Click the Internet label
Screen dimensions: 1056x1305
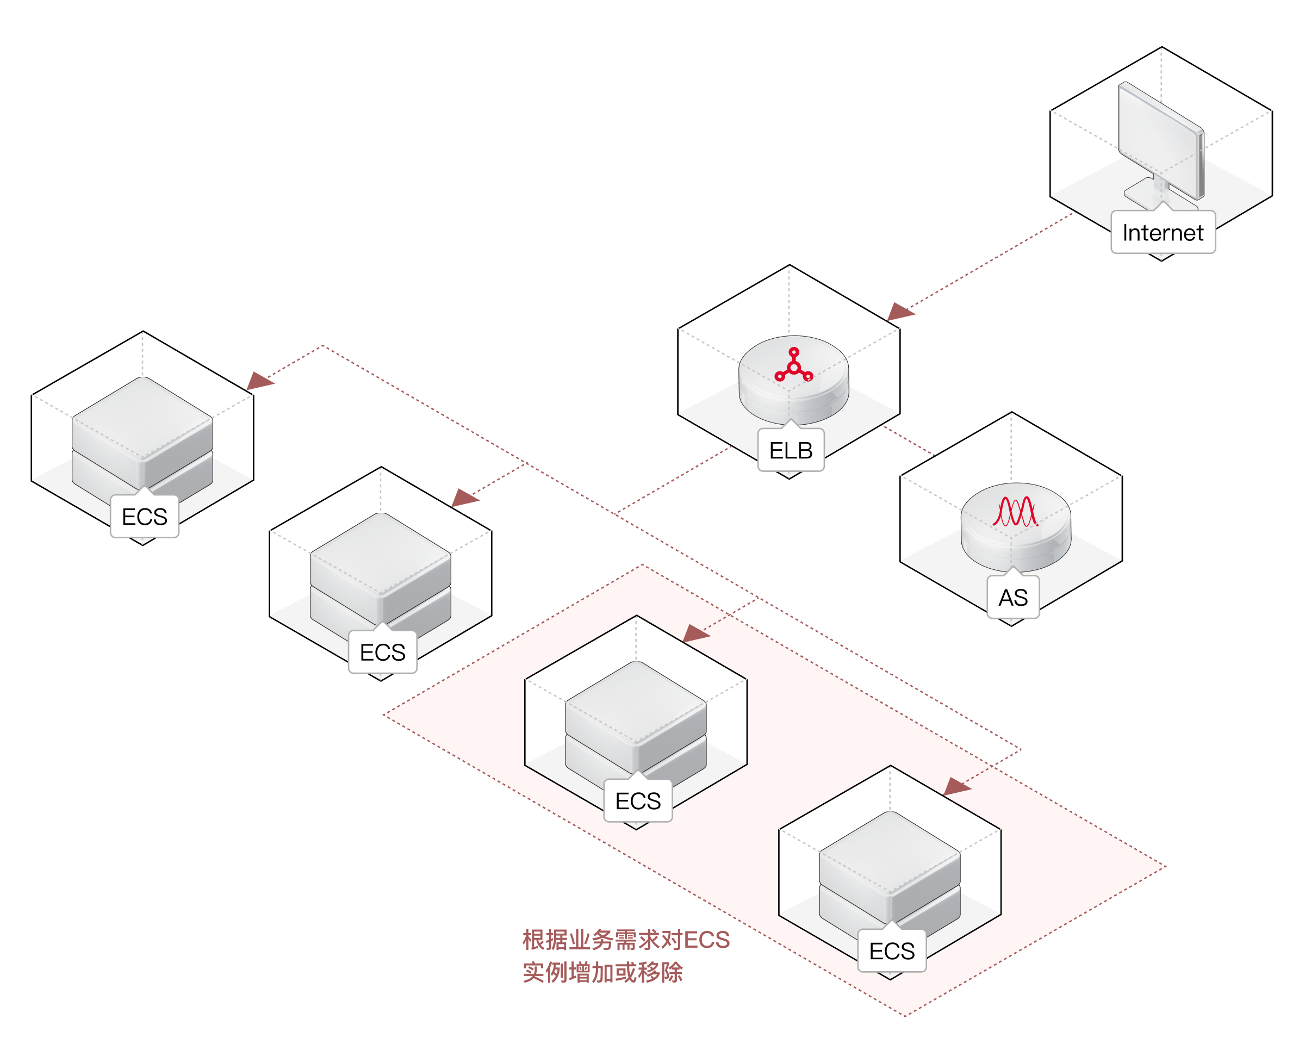(1163, 232)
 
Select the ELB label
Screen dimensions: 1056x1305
(791, 450)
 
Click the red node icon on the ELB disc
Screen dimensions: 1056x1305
(793, 365)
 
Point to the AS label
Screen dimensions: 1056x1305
(1013, 598)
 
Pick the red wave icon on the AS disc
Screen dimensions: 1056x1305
(1014, 512)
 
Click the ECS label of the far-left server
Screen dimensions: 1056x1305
(145, 517)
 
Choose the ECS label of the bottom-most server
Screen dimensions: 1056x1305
(892, 951)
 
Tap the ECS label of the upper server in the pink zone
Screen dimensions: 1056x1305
(638, 801)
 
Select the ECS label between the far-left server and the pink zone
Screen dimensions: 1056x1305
(382, 652)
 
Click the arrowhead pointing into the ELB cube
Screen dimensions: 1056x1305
(899, 312)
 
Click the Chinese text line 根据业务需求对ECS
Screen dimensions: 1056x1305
(626, 940)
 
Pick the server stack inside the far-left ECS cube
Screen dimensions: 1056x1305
(142, 433)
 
